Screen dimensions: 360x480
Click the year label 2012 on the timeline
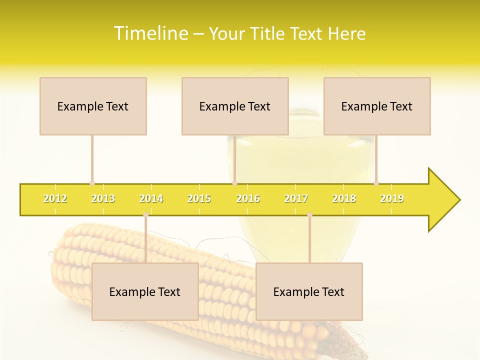[55, 199]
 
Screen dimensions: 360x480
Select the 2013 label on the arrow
[103, 199]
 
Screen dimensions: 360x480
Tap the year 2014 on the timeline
[151, 199]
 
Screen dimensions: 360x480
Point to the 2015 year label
[199, 199]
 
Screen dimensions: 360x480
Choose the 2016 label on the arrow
[248, 199]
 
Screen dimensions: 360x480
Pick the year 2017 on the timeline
[296, 199]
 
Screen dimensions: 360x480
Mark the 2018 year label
[344, 199]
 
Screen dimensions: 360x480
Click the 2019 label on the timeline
[392, 199]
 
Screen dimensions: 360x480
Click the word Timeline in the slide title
[150, 33]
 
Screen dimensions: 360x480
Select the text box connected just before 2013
[93, 106]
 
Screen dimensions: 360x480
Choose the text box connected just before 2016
[235, 106]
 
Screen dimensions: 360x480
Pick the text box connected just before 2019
[377, 106]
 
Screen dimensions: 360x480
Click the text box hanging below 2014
[145, 291]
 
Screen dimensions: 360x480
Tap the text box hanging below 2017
[309, 291]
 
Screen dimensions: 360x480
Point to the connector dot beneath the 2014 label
[145, 215]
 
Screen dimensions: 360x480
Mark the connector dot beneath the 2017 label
[309, 215]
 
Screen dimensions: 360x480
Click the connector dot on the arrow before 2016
[234, 183]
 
